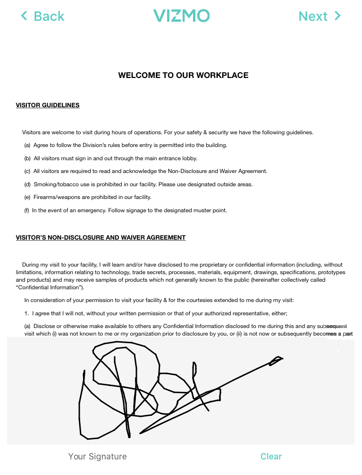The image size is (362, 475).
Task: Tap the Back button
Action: click(x=42, y=17)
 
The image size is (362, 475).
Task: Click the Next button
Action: click(x=320, y=17)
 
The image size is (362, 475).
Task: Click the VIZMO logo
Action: click(x=181, y=16)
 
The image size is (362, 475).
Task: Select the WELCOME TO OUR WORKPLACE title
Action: click(x=183, y=76)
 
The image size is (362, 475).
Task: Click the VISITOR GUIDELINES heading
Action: click(x=48, y=105)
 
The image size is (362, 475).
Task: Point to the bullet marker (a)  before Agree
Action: click(x=27, y=146)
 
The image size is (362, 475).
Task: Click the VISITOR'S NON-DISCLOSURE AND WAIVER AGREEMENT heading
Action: click(x=101, y=238)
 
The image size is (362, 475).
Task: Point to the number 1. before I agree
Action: click(x=27, y=313)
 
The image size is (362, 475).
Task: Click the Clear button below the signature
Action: click(x=271, y=457)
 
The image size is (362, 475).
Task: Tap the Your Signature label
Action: click(x=97, y=457)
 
